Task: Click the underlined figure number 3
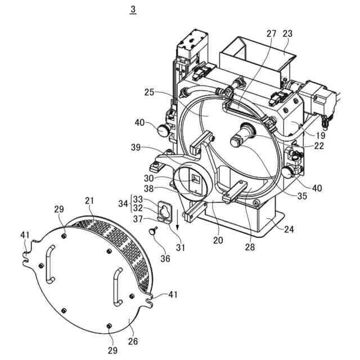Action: (x=133, y=10)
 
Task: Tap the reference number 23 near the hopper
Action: (x=287, y=34)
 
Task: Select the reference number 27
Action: (x=271, y=34)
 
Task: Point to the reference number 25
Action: (x=149, y=92)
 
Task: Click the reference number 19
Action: (x=321, y=136)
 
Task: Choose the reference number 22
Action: (x=319, y=146)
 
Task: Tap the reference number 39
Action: (x=136, y=147)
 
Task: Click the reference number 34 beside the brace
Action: (x=123, y=204)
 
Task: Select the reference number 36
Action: (x=165, y=259)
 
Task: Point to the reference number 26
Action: (x=133, y=341)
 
